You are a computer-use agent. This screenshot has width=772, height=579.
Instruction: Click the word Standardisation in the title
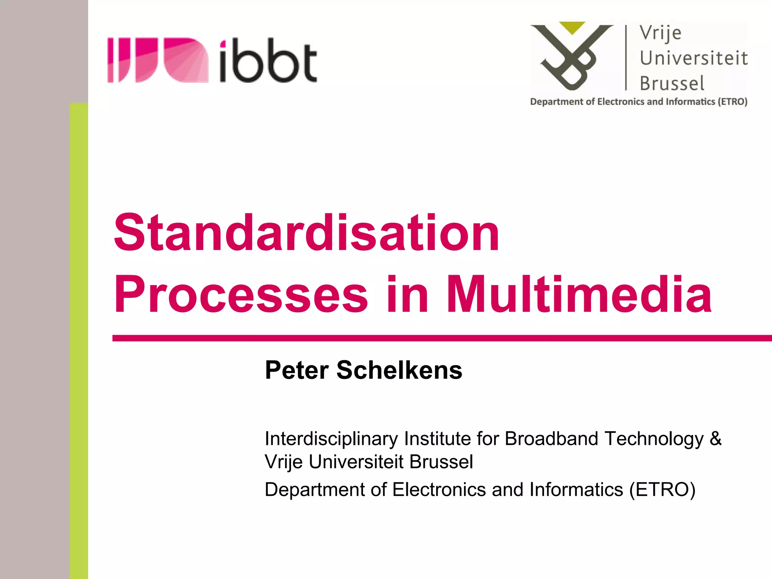click(306, 233)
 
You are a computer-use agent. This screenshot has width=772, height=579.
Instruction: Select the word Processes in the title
click(240, 294)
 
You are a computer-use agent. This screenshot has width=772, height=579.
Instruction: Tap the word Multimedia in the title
click(579, 294)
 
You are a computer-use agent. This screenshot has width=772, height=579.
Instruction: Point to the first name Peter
click(297, 370)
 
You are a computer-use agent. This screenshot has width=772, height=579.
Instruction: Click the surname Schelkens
click(399, 370)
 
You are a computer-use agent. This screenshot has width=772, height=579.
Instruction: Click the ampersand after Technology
click(715, 438)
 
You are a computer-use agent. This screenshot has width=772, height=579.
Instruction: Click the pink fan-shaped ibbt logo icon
click(158, 60)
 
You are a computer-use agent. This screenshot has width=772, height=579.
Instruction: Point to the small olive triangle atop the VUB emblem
click(572, 28)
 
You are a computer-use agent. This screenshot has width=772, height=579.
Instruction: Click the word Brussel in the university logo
click(672, 83)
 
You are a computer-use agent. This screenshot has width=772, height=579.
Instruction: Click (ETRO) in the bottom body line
click(662, 490)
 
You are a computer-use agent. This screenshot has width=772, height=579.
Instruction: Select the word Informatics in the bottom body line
click(576, 490)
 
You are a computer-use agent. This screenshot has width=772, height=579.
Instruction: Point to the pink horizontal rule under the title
click(441, 338)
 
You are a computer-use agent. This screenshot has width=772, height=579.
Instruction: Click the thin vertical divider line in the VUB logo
click(626, 58)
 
